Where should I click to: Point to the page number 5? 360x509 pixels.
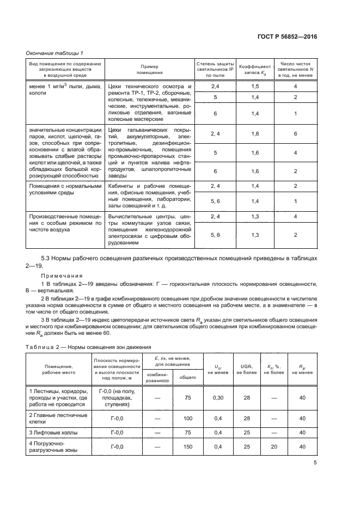tap(315, 463)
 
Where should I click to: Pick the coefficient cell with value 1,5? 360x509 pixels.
tap(254, 86)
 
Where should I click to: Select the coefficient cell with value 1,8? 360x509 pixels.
tap(254, 133)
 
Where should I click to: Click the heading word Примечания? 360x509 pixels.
tap(62, 275)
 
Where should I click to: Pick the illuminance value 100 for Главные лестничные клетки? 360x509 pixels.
tap(188, 418)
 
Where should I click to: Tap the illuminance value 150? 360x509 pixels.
tap(188, 446)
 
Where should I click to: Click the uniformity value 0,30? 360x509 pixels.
tap(217, 398)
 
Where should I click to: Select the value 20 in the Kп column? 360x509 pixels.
tap(273, 446)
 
